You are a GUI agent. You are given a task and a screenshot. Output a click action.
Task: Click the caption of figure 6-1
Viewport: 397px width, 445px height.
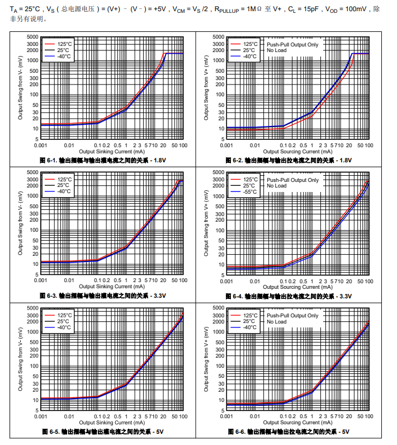[x=103, y=160]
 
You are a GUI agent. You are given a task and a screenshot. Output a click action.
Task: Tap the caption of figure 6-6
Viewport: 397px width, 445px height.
[x=289, y=432]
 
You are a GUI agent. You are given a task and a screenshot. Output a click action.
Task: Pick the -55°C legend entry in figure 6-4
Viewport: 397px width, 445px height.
[x=249, y=192]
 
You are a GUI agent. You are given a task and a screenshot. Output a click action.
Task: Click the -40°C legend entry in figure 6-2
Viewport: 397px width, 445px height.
[x=249, y=56]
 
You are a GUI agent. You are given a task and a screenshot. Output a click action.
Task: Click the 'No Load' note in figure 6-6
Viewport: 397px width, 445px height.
[x=276, y=322]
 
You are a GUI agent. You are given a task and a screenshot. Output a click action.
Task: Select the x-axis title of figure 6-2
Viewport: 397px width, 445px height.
[x=297, y=151]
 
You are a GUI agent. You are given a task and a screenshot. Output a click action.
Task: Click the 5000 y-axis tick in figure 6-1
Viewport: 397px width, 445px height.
[x=31, y=36]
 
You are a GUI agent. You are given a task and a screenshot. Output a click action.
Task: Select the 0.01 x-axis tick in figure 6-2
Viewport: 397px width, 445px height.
[x=255, y=146]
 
